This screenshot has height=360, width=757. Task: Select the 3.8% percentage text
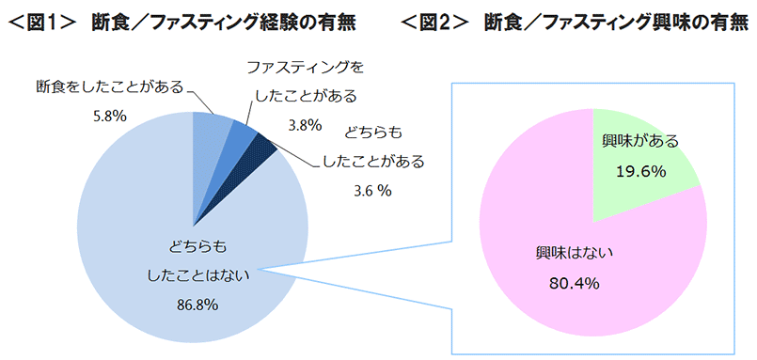click(306, 123)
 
